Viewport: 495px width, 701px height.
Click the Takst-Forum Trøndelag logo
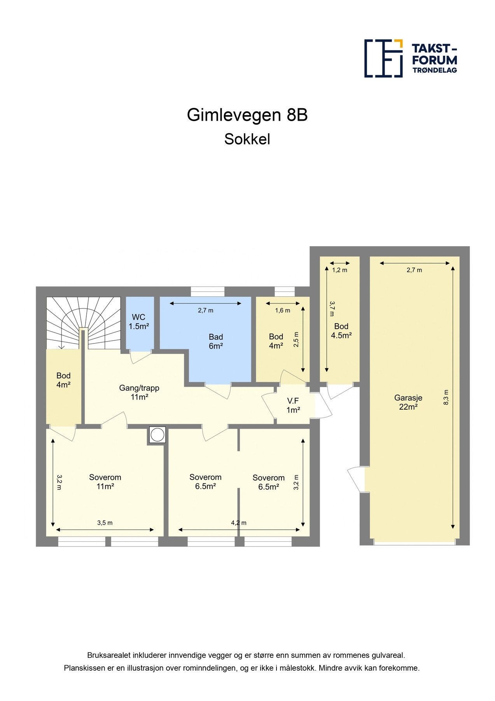click(x=410, y=58)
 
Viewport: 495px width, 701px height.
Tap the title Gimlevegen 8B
click(x=247, y=115)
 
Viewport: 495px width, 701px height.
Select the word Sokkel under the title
click(x=247, y=139)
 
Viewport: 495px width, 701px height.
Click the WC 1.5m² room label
click(x=139, y=322)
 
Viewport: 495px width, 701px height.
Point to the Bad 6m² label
click(x=216, y=342)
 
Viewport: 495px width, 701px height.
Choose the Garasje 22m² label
click(x=408, y=402)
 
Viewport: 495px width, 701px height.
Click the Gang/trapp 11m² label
click(x=139, y=393)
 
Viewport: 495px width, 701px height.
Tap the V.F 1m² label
click(x=293, y=405)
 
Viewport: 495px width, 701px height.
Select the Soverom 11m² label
click(x=105, y=482)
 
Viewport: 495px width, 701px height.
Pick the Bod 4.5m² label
click(x=341, y=331)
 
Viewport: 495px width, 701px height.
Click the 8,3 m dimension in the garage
click(x=446, y=397)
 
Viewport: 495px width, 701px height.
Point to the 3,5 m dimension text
click(x=105, y=523)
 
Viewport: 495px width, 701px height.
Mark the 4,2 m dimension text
click(x=238, y=523)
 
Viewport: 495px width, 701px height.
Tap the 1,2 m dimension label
click(x=339, y=270)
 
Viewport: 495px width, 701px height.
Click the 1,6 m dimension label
click(x=283, y=310)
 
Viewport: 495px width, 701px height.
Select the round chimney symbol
click(x=157, y=435)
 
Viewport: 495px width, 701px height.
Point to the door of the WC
click(x=140, y=356)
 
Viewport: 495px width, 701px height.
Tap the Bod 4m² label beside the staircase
click(x=63, y=380)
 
